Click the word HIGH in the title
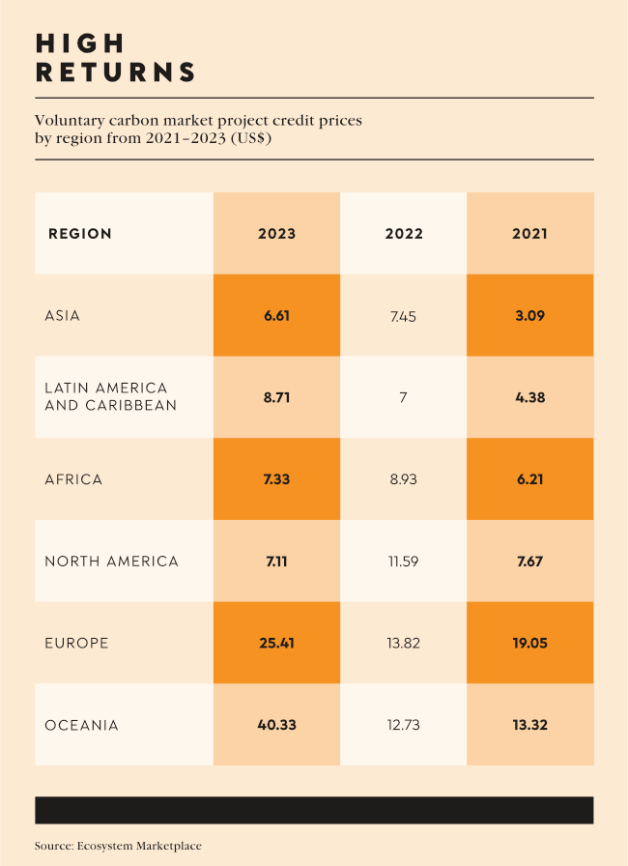80,43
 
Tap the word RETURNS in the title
115,72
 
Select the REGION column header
80,234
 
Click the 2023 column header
276,234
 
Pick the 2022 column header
403,234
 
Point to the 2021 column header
529,234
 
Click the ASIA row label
63,316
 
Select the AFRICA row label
73,479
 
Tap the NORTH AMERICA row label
111,562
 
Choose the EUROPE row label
76,643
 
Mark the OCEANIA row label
81,725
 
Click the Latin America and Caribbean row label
110,397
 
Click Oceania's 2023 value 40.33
276,725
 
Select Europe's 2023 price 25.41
276,643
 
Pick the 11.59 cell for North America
403,562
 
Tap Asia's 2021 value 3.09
529,316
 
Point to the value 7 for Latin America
403,397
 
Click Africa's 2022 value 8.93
403,479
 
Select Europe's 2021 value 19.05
529,643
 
